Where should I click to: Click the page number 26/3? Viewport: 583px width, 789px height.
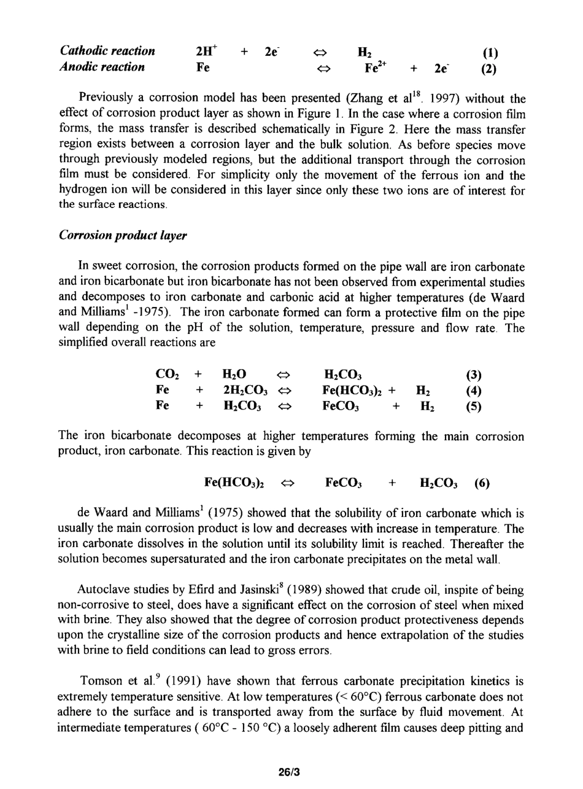[x=291, y=771]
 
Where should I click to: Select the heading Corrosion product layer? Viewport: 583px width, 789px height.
[x=123, y=236]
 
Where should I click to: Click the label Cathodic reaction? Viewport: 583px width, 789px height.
[x=107, y=51]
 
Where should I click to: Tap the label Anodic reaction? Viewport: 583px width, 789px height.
[x=102, y=67]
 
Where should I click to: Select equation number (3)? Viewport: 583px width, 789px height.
[x=473, y=375]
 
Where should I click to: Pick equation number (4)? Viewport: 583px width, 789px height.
[x=473, y=391]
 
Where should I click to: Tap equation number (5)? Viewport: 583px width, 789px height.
[x=473, y=406]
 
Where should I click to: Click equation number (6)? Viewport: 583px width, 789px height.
[x=482, y=483]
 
